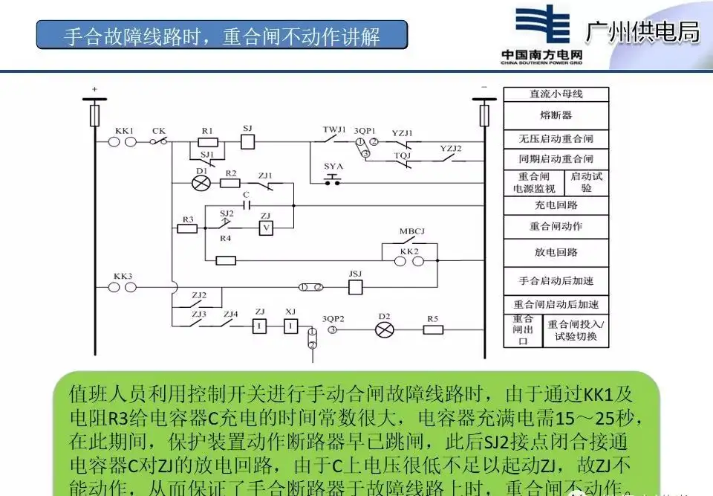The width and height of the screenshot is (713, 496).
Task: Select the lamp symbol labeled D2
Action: coord(384,330)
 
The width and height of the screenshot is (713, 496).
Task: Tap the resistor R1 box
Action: coord(208,141)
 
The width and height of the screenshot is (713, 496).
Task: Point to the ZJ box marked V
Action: coord(265,228)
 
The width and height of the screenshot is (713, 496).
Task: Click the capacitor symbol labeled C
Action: coord(247,204)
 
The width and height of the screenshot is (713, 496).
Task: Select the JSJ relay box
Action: coord(355,286)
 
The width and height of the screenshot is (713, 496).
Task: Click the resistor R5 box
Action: coord(432,330)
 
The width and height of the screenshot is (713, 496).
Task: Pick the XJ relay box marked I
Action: coord(291,326)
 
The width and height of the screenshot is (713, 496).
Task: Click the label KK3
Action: coord(123,276)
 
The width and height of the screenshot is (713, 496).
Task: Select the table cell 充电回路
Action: coord(556,205)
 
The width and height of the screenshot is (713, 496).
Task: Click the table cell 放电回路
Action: coord(556,252)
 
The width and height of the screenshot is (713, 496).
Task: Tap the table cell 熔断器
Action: coord(556,115)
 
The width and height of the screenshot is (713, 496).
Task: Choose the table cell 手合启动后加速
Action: coord(556,281)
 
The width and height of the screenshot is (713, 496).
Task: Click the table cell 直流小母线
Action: coord(556,94)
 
